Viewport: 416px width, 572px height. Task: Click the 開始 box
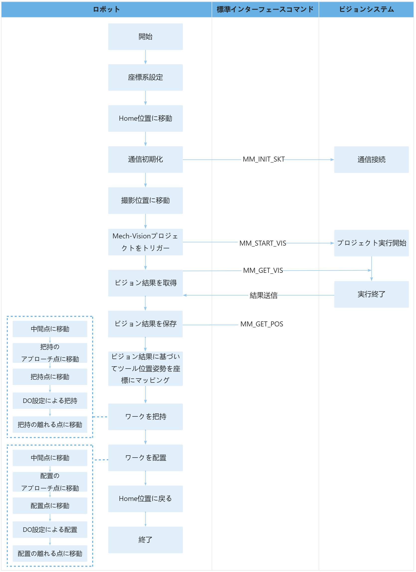146,37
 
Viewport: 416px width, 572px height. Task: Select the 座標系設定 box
146,78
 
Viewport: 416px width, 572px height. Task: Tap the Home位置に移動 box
146,118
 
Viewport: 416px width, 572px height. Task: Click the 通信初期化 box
146,160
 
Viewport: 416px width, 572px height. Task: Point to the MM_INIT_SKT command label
264,159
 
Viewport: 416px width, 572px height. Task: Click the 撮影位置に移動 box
146,201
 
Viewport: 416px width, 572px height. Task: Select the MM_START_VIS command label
263,243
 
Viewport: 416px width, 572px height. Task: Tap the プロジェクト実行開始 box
372,243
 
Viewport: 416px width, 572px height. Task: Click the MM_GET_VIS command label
263,271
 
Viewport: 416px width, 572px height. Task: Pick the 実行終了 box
372,294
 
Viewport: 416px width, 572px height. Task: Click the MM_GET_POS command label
262,324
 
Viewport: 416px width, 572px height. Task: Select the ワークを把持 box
146,417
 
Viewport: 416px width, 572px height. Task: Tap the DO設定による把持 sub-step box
50,401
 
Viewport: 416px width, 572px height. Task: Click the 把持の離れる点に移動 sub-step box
50,425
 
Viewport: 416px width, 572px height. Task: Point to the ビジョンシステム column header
367,9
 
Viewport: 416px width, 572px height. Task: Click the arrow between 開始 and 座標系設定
146,57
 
